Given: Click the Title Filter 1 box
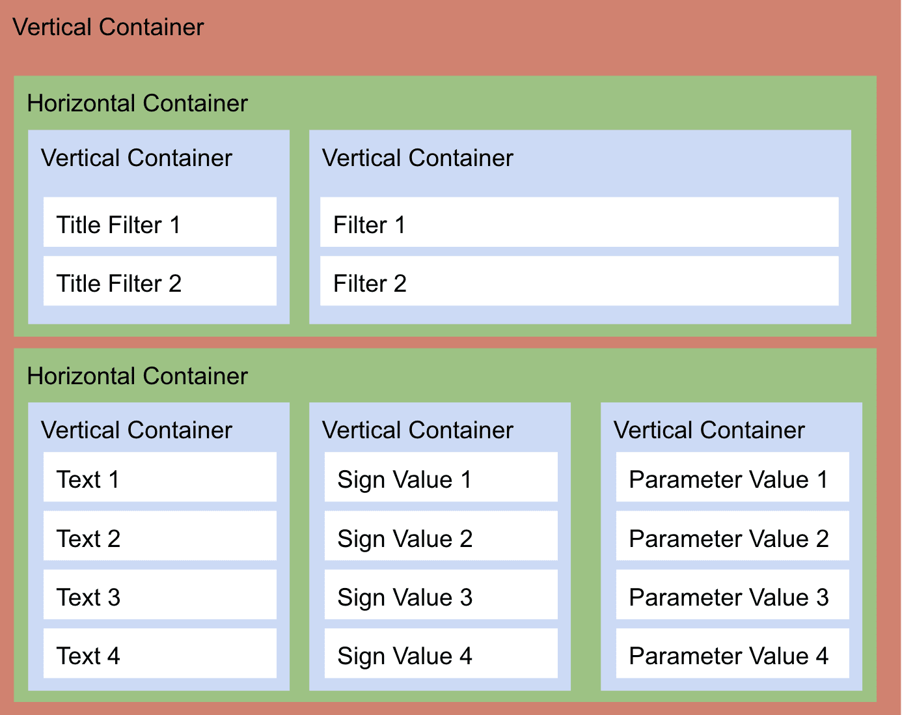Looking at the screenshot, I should click(159, 222).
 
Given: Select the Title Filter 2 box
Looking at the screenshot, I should click(159, 281).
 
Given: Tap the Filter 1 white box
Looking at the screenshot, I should click(579, 222).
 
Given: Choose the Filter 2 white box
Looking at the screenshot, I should click(579, 281).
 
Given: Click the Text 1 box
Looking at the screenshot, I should click(159, 477).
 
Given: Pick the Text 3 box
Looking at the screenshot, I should click(159, 595).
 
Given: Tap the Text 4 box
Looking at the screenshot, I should click(159, 653).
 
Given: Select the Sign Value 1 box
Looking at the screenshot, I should click(441, 477).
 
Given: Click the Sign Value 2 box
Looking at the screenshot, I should click(441, 536).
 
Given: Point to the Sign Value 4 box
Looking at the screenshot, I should click(441, 653).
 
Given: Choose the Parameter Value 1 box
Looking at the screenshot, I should click(732, 477).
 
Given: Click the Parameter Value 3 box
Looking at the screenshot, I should click(732, 595).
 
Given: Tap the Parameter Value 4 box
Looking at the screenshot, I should click(732, 653).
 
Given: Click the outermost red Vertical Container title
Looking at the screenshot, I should click(108, 27).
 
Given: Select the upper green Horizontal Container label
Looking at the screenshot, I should click(137, 104).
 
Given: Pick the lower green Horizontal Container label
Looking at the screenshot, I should click(137, 376).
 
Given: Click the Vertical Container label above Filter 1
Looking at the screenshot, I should click(417, 158).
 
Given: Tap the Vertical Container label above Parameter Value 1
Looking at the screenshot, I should click(709, 430).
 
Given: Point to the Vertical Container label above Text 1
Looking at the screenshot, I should click(136, 430).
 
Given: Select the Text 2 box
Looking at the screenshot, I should click(159, 536).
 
